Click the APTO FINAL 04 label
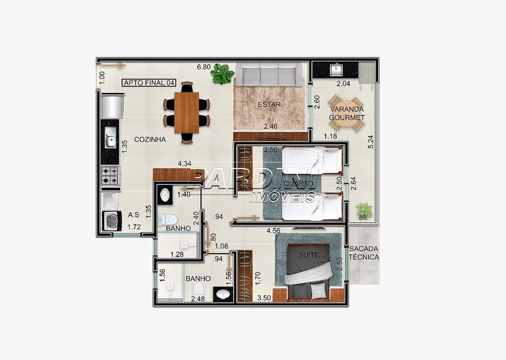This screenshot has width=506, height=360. pyautogui.click(x=149, y=83)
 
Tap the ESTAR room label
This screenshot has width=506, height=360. pyautogui.click(x=269, y=104)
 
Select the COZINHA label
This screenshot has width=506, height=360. pyautogui.click(x=150, y=140)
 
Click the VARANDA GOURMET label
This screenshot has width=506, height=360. pyautogui.click(x=346, y=113)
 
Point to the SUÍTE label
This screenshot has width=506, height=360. pyautogui.click(x=309, y=255)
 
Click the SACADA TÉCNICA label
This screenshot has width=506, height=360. pyautogui.click(x=364, y=253)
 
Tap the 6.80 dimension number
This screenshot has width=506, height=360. pyautogui.click(x=203, y=68)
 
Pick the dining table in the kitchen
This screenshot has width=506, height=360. pyautogui.click(x=186, y=112)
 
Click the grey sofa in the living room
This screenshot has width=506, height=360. pyautogui.click(x=269, y=74)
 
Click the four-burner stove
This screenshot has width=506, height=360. pyautogui.click(x=110, y=176)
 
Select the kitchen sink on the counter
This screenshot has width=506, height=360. pyautogui.click(x=110, y=137)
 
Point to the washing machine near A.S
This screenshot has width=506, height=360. pyautogui.click(x=111, y=221)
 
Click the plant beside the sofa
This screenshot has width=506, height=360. pyautogui.click(x=222, y=74)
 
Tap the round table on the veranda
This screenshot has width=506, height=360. pyautogui.click(x=346, y=113)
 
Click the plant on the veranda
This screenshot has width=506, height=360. pyautogui.click(x=364, y=210)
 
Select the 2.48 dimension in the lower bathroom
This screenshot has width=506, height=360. pyautogui.click(x=197, y=300)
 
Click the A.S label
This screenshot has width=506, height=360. pyautogui.click(x=133, y=215)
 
